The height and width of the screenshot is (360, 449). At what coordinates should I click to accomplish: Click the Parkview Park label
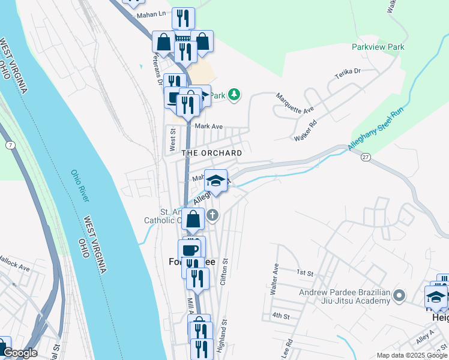pos(378,47)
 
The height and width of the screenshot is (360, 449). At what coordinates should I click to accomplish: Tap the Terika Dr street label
pos(348,74)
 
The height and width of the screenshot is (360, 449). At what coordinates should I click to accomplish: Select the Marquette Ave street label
pos(295,103)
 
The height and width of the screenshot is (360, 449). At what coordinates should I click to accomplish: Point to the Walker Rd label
pos(304,131)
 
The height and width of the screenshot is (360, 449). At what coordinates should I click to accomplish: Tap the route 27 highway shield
pos(365,157)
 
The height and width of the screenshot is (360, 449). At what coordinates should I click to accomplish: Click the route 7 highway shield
pos(10,146)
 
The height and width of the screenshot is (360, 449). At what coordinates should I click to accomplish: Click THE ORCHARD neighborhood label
pos(212,153)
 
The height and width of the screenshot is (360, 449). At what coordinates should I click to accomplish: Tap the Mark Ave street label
pos(209,127)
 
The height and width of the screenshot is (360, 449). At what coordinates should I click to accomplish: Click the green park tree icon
pos(234,95)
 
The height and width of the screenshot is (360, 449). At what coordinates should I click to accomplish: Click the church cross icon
pos(212,214)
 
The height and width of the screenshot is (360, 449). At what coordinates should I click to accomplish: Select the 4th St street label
pos(280,315)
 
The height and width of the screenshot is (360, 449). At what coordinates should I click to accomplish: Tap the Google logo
pos(20,353)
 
